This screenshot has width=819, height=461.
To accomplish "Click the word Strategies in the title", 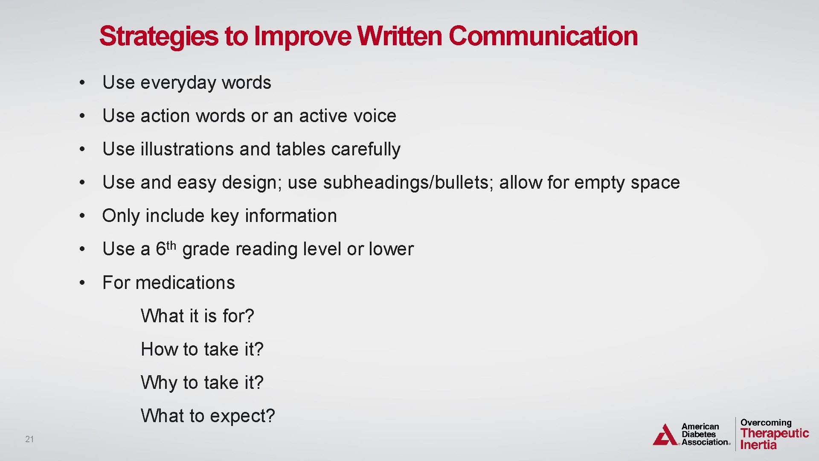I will tap(158, 36).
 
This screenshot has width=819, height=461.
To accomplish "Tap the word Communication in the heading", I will tap(543, 36).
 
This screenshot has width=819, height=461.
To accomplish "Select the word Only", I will tap(121, 216).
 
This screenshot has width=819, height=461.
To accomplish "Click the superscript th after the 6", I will tap(171, 245).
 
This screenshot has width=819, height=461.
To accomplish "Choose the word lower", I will tap(391, 249).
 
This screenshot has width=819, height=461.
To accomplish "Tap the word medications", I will tap(185, 283).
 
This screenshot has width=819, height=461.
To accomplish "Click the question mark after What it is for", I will tap(250, 316).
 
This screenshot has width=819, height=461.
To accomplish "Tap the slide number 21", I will tap(29, 439).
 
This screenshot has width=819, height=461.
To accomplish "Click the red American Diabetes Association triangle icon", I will tap(665, 435).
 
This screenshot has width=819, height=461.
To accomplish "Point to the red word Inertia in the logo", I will tap(758, 445).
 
